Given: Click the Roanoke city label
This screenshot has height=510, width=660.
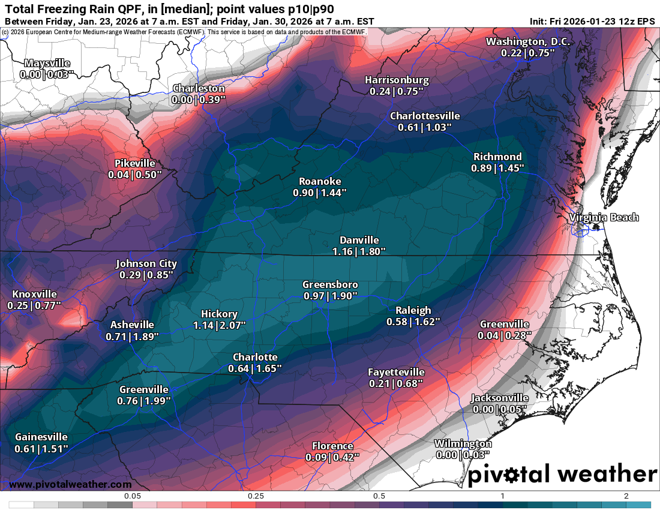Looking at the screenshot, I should pyautogui.click(x=320, y=181).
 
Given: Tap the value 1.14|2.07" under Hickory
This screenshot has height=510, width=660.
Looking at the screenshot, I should pyautogui.click(x=219, y=325).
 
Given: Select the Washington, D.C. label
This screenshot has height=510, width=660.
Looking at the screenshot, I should pyautogui.click(x=527, y=41).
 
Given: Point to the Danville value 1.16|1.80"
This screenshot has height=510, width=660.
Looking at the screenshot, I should pyautogui.click(x=359, y=251).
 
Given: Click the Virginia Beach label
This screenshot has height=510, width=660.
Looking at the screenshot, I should pyautogui.click(x=604, y=217).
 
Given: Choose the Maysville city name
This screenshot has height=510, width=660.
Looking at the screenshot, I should pyautogui.click(x=47, y=63).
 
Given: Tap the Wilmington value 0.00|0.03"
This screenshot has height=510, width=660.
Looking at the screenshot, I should pyautogui.click(x=463, y=455).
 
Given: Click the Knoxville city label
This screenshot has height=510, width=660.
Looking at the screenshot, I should pyautogui.click(x=34, y=294).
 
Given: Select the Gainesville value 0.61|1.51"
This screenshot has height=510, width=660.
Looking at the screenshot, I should pyautogui.click(x=41, y=448).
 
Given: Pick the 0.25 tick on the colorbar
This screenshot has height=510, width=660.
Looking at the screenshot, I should pyautogui.click(x=256, y=496).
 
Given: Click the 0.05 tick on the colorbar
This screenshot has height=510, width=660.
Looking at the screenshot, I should pyautogui.click(x=132, y=496).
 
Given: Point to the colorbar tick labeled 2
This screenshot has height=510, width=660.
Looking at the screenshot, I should pyautogui.click(x=626, y=496).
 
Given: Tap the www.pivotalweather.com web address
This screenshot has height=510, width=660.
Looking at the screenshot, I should pyautogui.click(x=70, y=484).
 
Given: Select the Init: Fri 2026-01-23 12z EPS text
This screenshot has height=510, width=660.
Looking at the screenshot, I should pyautogui.click(x=592, y=21).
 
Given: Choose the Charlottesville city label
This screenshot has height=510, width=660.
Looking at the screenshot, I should pyautogui.click(x=425, y=116).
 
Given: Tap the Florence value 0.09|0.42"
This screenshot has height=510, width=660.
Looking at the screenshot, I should pyautogui.click(x=332, y=457).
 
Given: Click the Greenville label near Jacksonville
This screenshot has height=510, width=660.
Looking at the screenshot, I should pyautogui.click(x=504, y=324).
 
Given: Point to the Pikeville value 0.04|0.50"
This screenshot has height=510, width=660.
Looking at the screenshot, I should pyautogui.click(x=135, y=174).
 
